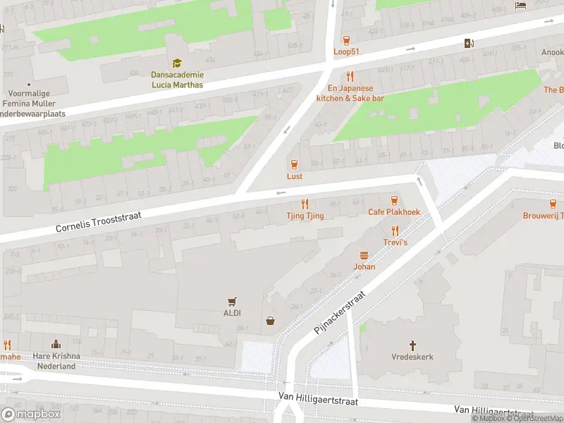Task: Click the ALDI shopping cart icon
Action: (231, 301)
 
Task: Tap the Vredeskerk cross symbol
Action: (412, 345)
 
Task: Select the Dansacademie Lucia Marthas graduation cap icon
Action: (176, 63)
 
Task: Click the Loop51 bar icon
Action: (346, 40)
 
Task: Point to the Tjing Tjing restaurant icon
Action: (305, 204)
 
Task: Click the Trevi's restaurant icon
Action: (395, 230)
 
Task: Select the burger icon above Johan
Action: (364, 255)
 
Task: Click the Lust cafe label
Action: (295, 176)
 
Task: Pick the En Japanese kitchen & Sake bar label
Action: (350, 93)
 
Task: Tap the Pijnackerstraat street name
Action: (341, 312)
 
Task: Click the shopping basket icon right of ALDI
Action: (270, 321)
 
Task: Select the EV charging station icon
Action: (470, 44)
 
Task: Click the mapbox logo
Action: (31, 415)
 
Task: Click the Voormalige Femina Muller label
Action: (34, 98)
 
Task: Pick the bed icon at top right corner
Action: (521, 6)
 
